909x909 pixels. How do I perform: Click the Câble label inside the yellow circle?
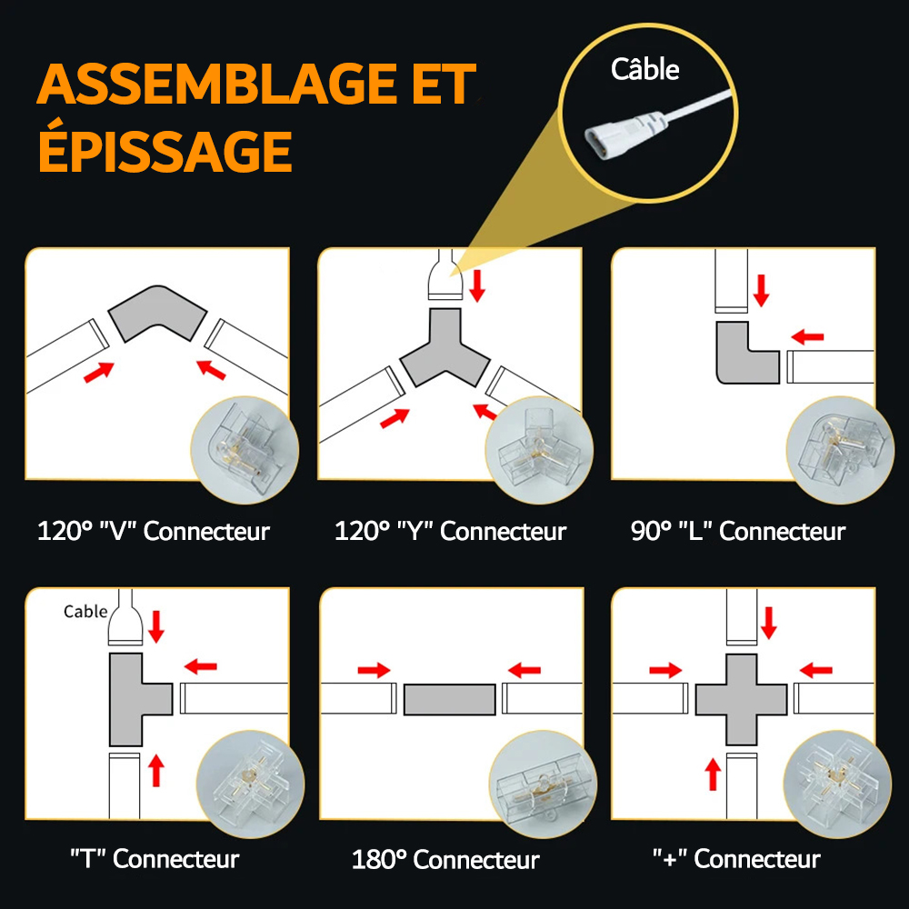[644, 70]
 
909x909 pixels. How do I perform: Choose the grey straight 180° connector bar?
[450, 699]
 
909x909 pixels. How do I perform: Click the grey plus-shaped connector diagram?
[742, 699]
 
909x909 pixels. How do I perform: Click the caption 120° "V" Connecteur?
[154, 531]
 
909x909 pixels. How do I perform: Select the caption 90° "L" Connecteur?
[738, 531]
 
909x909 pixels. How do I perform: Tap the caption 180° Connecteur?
[445, 859]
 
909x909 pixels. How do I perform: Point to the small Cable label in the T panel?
[85, 612]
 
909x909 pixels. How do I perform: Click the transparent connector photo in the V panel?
[245, 450]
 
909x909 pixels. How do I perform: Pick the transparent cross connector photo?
[837, 784]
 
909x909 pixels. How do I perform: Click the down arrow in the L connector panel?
[761, 291]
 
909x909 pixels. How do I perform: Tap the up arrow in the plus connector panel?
[713, 774]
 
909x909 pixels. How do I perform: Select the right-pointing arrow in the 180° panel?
[374, 671]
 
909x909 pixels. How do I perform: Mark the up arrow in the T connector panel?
[156, 770]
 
